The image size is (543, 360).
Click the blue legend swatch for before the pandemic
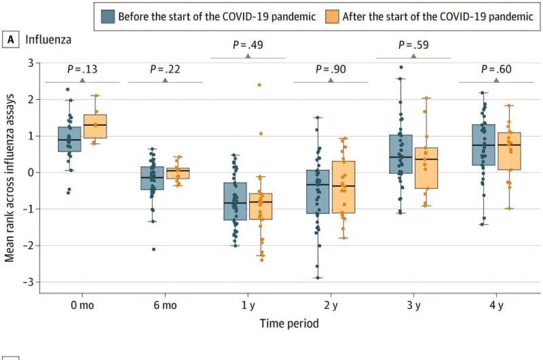(x=108, y=16)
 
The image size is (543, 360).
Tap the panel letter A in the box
(x=11, y=40)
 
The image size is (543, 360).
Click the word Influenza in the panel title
(x=49, y=40)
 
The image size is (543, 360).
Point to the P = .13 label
(x=82, y=69)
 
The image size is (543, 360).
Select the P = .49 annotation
(x=248, y=46)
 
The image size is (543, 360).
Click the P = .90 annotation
(x=331, y=69)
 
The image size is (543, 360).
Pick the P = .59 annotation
(x=413, y=46)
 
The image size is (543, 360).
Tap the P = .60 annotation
(x=496, y=69)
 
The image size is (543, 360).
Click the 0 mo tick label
(x=82, y=306)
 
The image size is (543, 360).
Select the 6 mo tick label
(x=165, y=306)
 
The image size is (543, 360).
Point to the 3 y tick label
(x=413, y=306)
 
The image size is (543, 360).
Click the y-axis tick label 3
(x=31, y=63)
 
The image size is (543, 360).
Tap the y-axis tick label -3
(x=29, y=282)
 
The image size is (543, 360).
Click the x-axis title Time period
(x=289, y=323)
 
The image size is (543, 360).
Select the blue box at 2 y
(x=318, y=192)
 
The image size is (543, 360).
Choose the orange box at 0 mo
(x=95, y=126)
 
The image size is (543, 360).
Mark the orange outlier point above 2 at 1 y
(x=259, y=85)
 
